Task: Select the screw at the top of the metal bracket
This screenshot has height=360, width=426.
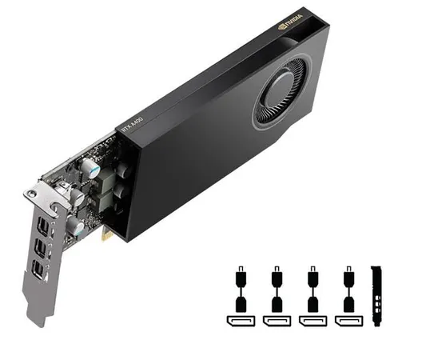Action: coord(32,194)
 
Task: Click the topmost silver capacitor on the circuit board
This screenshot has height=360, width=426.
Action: coord(94,171)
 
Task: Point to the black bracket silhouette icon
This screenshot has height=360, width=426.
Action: coord(379,296)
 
